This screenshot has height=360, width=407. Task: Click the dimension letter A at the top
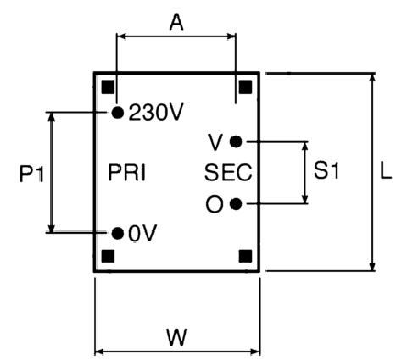pos(176,23)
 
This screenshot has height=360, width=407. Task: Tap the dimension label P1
pos(32,174)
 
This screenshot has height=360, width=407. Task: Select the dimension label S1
pos(326,170)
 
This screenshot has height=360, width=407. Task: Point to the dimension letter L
pos(386,170)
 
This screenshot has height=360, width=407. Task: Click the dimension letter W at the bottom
pos(177,337)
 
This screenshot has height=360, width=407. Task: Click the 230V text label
pos(156,113)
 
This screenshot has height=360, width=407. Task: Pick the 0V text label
pos(142,234)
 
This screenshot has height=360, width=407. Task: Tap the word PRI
pos(127,172)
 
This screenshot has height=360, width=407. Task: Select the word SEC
pos(228,172)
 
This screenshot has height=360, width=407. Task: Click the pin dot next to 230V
pos(118,113)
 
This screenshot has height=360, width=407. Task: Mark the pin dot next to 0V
pos(118,234)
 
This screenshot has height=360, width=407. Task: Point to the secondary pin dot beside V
pos(236,141)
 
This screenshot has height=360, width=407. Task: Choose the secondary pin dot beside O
pos(236,204)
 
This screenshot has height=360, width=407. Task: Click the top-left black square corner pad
pos(108,87)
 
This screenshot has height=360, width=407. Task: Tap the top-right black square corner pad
pos(245,87)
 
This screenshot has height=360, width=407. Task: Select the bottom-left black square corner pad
pos(108,256)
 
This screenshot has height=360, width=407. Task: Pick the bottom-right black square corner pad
pos(245,256)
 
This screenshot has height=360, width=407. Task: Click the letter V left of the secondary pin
pos(215,142)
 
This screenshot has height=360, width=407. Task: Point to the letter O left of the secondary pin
pos(215,204)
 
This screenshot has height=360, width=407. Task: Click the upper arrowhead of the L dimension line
pos(373,79)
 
